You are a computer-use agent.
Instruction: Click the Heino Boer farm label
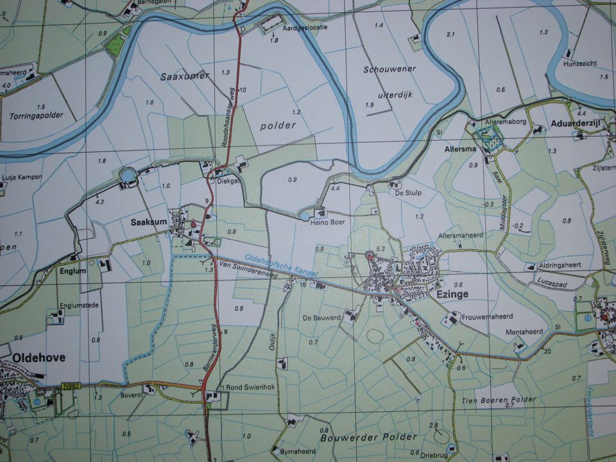click(x=329, y=222)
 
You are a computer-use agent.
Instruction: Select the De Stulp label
click(x=407, y=192)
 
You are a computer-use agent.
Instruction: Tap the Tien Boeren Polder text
click(x=499, y=400)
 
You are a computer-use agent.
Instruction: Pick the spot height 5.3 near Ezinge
click(x=380, y=249)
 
